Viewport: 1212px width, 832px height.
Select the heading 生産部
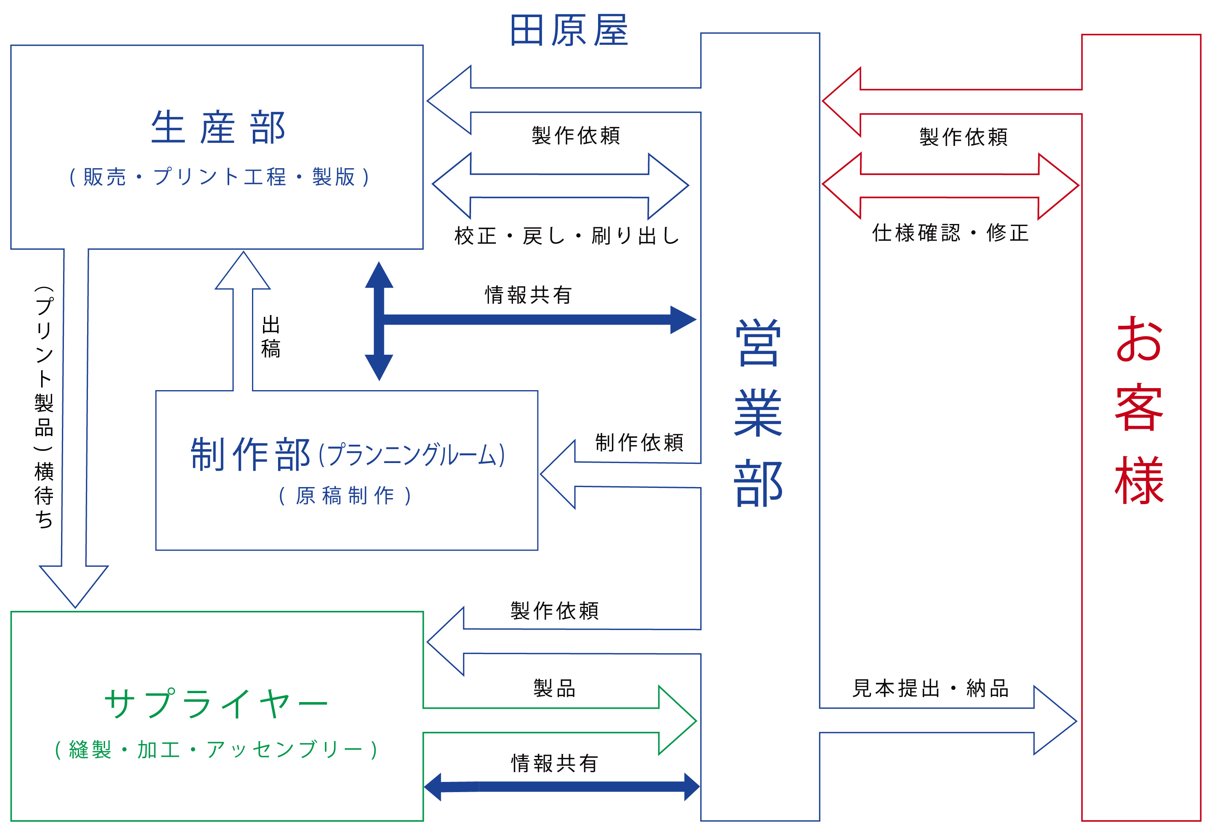218,127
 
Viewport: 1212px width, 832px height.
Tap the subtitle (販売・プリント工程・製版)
219,177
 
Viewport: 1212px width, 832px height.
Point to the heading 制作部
250,454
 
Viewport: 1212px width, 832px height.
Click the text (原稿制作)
345,496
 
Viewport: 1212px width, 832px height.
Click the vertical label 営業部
759,412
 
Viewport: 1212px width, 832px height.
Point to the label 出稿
271,337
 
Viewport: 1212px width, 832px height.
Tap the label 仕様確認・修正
950,233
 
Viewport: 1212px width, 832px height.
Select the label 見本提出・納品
930,689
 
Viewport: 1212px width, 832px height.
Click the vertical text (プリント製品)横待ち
44,407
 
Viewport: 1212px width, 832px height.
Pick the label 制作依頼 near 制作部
639,442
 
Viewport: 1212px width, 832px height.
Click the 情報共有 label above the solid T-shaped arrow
528,295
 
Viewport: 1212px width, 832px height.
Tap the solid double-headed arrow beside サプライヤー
562,787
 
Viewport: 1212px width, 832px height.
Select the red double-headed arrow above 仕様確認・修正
950,186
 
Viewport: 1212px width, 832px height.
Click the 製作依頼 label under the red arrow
963,137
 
